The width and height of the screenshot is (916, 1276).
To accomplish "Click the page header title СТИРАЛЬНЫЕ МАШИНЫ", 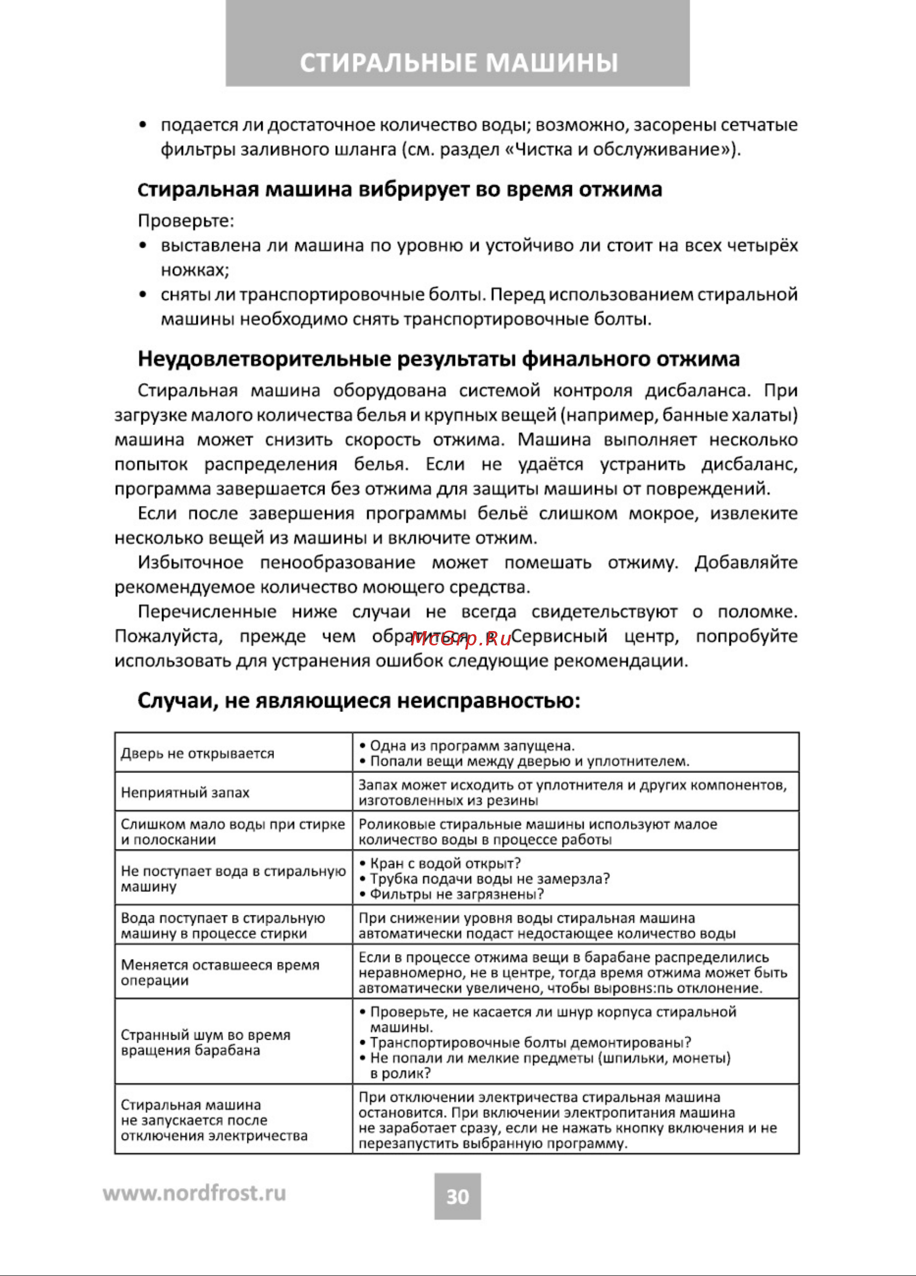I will click(459, 62).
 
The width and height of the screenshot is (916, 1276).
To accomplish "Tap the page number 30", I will click(457, 1196).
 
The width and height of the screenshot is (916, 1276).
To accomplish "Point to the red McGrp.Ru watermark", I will click(461, 639).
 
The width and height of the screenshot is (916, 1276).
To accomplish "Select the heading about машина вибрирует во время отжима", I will click(400, 190).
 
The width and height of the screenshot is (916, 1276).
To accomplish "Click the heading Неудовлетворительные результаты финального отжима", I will click(439, 359).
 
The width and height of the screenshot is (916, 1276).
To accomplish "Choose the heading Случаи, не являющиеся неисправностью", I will click(359, 701).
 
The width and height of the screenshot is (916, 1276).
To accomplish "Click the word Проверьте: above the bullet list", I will click(186, 220).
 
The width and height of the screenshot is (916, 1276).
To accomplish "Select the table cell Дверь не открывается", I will click(197, 753).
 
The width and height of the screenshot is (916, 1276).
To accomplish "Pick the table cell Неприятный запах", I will click(185, 793).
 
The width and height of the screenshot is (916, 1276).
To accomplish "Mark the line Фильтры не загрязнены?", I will click(456, 894).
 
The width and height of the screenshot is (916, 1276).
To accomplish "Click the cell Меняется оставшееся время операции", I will click(220, 973).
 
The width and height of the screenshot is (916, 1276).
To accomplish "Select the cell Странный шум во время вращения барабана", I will click(205, 1042).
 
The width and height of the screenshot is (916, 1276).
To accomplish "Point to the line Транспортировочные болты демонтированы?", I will click(530, 1042).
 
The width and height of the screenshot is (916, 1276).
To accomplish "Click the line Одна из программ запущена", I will click(472, 746).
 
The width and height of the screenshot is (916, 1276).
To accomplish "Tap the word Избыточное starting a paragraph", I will click(191, 563).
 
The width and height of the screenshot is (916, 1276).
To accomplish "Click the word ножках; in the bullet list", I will click(195, 270).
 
